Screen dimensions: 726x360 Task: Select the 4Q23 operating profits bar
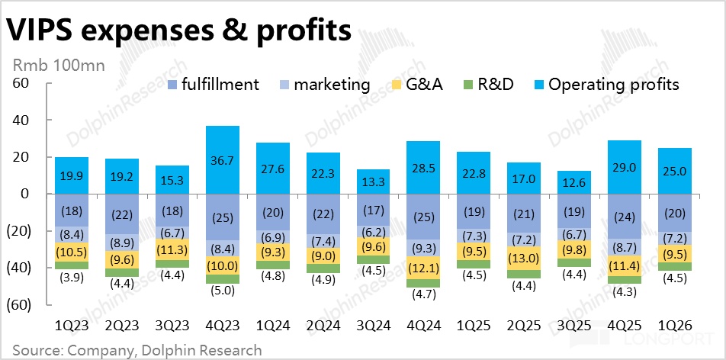[x=222, y=160]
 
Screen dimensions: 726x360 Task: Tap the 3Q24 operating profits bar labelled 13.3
[x=374, y=182]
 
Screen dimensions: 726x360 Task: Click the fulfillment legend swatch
[x=172, y=85]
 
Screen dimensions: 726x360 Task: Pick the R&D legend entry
[x=487, y=85]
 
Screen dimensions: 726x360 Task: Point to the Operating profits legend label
[x=613, y=85]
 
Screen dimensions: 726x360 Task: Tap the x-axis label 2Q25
[x=525, y=326]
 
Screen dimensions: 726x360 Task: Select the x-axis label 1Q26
[x=676, y=326]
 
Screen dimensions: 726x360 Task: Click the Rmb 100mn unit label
[x=59, y=66]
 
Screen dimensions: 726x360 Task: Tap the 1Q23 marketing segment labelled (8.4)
[x=72, y=235]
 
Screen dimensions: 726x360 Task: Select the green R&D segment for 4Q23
[x=222, y=279]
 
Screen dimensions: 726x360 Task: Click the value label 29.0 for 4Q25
[x=625, y=168]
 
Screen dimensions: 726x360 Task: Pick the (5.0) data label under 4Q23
[x=222, y=291]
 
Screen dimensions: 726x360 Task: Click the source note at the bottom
[x=137, y=350]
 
